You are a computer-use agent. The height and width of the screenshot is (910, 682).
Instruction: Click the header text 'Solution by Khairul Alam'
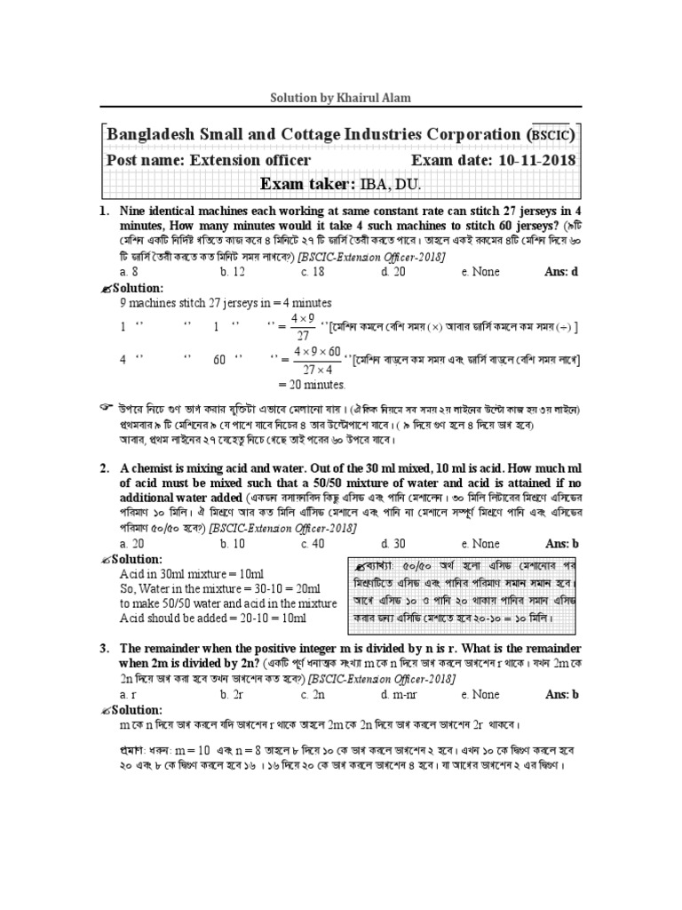tap(341, 97)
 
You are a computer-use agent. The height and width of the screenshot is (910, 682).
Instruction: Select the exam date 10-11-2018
tap(532, 160)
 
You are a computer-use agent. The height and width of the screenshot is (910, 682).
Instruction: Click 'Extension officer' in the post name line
tap(250, 160)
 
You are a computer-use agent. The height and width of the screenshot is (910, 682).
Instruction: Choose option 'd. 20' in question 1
tap(393, 272)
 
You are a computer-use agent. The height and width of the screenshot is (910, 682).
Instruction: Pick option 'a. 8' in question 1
tap(129, 272)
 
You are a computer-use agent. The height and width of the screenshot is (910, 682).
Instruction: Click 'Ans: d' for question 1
tap(560, 272)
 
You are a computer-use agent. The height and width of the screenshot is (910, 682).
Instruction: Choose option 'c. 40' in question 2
tap(313, 543)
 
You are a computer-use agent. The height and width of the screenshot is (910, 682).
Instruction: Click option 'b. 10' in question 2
tap(233, 543)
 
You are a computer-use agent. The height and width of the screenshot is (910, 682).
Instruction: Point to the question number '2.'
tap(104, 468)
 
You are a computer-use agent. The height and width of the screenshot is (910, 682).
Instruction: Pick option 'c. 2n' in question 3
tap(313, 694)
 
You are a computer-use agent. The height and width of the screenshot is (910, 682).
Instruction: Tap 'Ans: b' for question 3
tap(560, 694)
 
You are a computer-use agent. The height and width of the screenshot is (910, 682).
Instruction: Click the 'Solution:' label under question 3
tap(137, 709)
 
